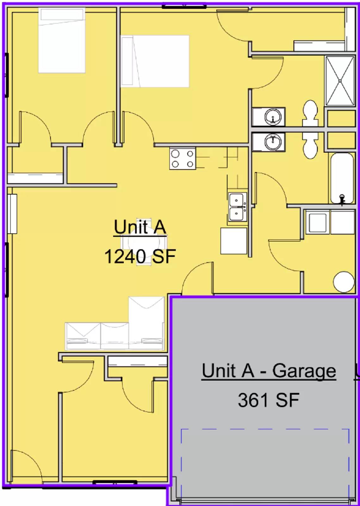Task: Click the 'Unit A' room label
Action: (x=140, y=227)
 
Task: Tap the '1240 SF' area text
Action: (x=140, y=256)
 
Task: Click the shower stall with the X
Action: (x=340, y=81)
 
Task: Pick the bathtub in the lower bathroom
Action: (x=342, y=178)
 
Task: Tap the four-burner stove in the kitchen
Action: (x=183, y=158)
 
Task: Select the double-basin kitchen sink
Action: (x=237, y=207)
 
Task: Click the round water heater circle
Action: (x=344, y=282)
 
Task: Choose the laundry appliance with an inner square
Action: (x=318, y=222)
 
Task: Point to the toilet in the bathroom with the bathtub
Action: (x=310, y=145)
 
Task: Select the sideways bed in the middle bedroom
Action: (x=155, y=61)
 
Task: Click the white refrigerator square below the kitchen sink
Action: (x=233, y=241)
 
